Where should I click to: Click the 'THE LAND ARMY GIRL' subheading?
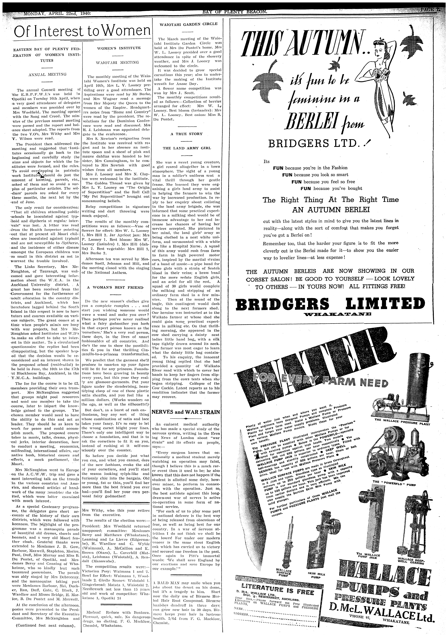tap(187, 148)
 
